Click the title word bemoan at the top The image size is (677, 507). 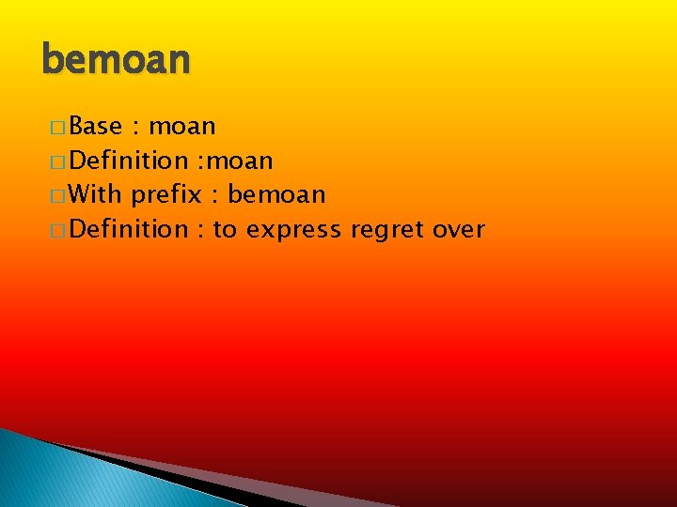click(117, 60)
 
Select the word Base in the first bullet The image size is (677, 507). click(96, 126)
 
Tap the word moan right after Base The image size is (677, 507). click(182, 126)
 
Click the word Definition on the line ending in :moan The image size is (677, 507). click(129, 161)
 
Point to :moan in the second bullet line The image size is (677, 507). click(235, 161)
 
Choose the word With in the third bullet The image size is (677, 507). click(96, 194)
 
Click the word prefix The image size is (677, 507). click(166, 195)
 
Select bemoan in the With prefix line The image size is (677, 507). click(276, 194)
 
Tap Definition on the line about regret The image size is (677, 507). click(129, 229)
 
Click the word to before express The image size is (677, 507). click(225, 229)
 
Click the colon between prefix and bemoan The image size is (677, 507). click(215, 196)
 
